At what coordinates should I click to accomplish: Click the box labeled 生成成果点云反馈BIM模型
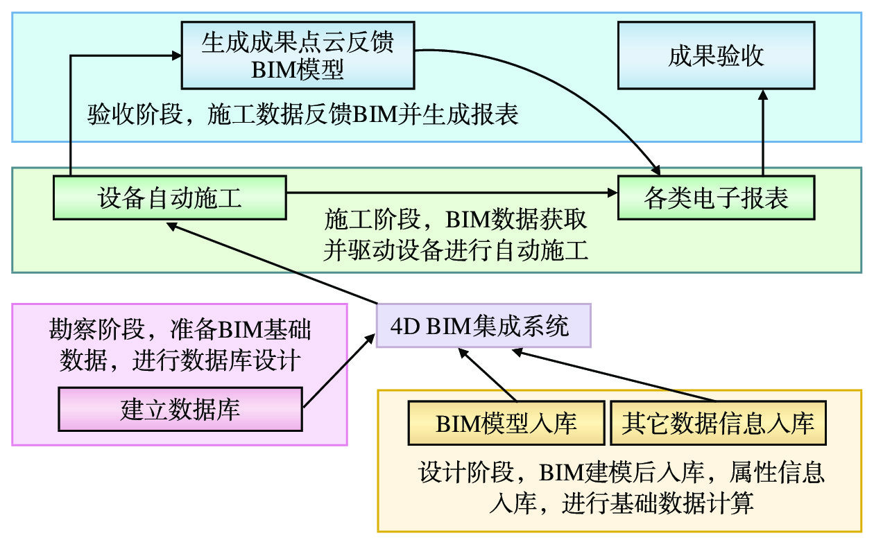point(298,55)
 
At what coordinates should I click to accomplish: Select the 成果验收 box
point(716,55)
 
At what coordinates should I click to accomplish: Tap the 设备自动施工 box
point(170,198)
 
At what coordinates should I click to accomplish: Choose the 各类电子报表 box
point(716,198)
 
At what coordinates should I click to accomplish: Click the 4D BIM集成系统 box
point(483,325)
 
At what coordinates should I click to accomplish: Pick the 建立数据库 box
point(180,409)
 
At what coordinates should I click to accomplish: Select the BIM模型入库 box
point(506,424)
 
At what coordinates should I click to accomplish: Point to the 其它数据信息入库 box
point(718,424)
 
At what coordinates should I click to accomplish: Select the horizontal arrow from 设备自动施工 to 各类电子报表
point(451,193)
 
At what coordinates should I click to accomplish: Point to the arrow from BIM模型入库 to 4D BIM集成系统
point(489,375)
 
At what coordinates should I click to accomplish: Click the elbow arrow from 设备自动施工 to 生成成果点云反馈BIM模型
point(71,111)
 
